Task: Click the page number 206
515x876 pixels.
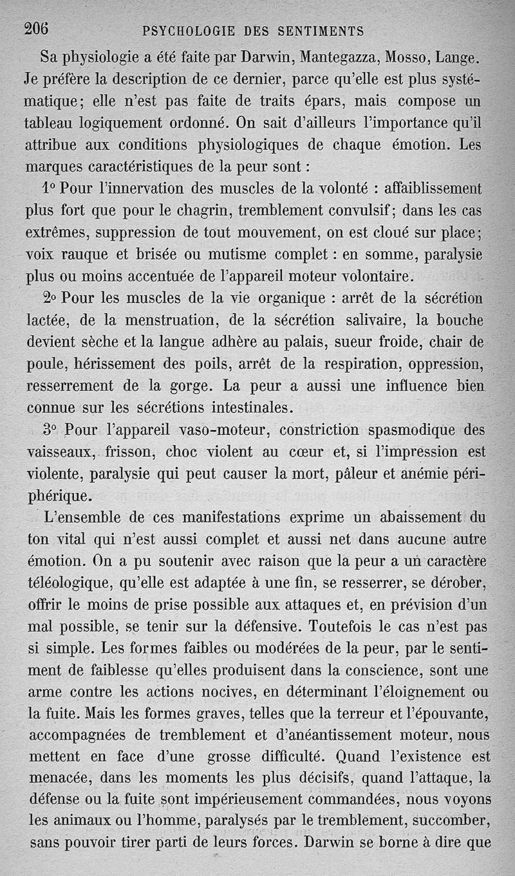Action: click(37, 28)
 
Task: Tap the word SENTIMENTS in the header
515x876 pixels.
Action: click(320, 31)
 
